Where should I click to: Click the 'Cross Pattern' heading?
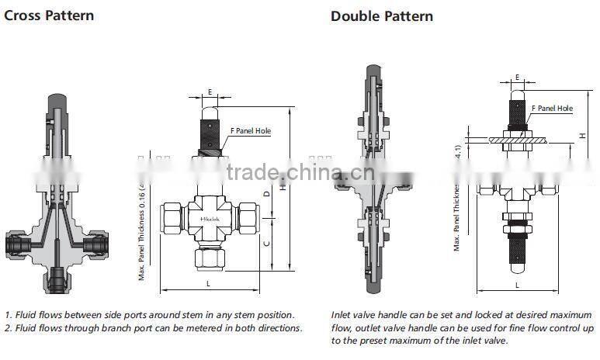tap(49, 16)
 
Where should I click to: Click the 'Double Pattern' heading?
tap(382, 16)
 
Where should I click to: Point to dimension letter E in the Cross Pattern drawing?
tap(210, 92)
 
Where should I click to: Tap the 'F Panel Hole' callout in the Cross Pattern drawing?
tap(250, 131)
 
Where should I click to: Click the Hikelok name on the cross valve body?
tap(210, 220)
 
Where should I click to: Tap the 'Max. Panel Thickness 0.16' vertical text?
tap(142, 233)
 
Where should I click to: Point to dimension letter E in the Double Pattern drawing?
tap(517, 78)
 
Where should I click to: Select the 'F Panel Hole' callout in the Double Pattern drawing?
tap(554, 109)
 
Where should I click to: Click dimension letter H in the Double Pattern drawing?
tap(581, 136)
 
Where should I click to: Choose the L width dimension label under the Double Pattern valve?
tap(517, 286)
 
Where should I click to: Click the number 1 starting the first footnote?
tap(7, 315)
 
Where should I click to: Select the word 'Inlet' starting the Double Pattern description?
tap(342, 315)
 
